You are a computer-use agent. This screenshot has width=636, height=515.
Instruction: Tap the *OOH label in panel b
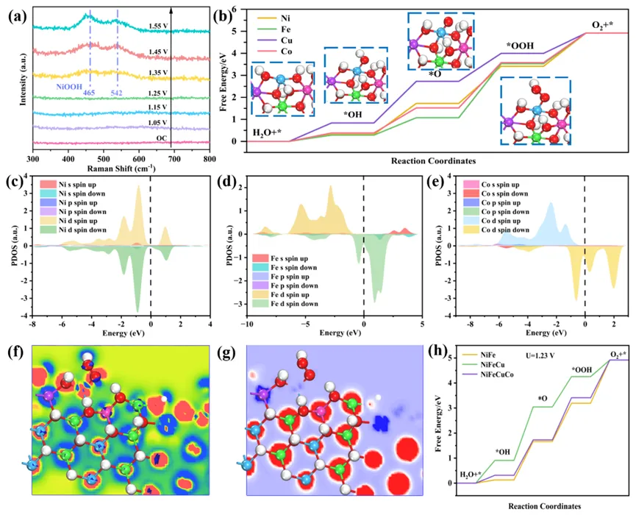[519, 45]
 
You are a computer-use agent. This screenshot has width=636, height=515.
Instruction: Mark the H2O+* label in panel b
[267, 132]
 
